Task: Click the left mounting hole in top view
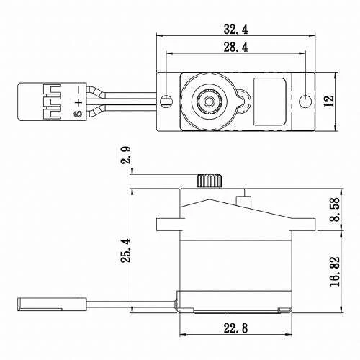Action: (x=167, y=100)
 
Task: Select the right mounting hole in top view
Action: (x=306, y=100)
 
